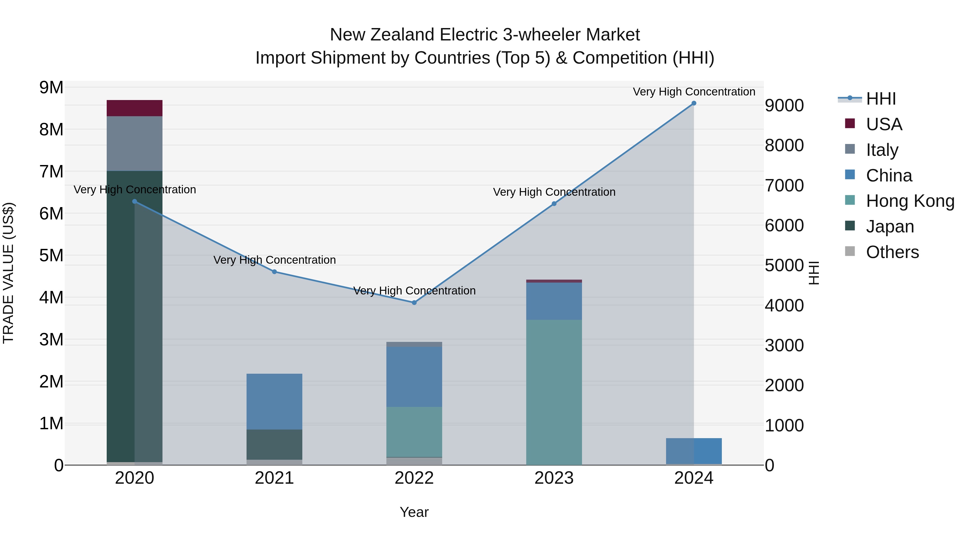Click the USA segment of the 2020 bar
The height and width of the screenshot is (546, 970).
click(x=134, y=108)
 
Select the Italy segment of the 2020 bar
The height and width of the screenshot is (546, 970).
click(x=134, y=143)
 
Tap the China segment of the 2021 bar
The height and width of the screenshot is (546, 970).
click(x=274, y=401)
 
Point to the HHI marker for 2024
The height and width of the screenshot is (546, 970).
click(x=694, y=103)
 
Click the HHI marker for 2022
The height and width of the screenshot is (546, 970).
click(x=414, y=303)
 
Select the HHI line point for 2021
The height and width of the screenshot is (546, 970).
click(x=274, y=272)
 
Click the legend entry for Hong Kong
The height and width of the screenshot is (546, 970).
click(x=910, y=201)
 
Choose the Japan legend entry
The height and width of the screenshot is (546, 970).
click(x=889, y=226)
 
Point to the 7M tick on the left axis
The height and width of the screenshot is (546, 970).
click(x=51, y=172)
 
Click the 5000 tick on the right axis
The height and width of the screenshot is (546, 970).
click(x=784, y=266)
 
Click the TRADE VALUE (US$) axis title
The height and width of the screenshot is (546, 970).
click(x=8, y=273)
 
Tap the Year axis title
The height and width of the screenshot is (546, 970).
click(x=414, y=512)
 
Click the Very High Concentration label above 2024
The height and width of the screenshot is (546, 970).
click(x=694, y=92)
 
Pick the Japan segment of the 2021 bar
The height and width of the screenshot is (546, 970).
click(x=274, y=444)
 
